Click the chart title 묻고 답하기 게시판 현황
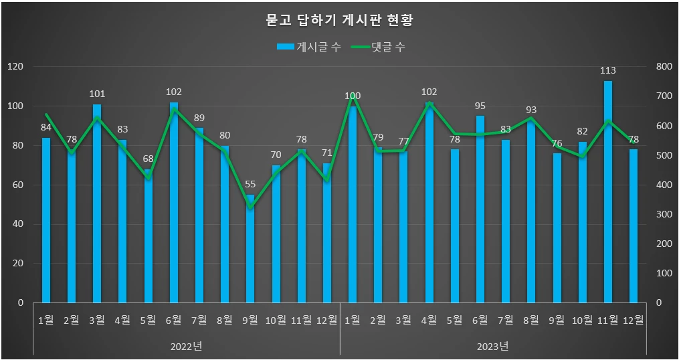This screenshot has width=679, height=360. pos(339,20)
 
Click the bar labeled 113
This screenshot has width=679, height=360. pos(608,194)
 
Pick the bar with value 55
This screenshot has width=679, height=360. pos(250,251)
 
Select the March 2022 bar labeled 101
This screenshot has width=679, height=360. pos(97,204)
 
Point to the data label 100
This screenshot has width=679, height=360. pos(353,96)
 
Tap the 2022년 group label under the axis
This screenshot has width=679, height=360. pos(187,346)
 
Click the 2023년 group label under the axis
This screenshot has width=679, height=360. pos(493,346)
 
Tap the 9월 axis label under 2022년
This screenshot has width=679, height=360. pos(250,320)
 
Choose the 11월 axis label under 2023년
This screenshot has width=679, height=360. pos(608,320)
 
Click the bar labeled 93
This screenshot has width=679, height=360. pos(531,214)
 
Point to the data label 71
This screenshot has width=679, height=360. pos(327,152)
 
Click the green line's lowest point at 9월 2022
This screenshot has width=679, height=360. pos(250,207)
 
